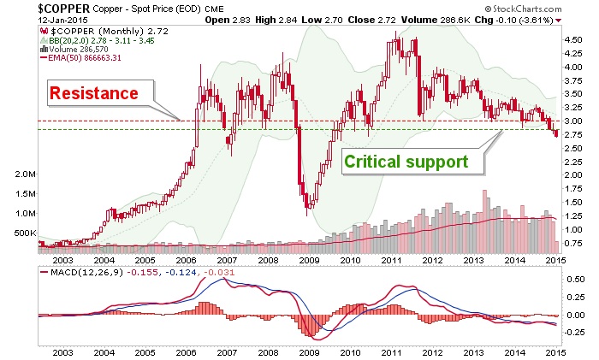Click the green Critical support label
point(406,161)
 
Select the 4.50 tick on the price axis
point(572,39)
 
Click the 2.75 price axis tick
point(572,134)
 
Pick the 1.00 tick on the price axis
point(572,228)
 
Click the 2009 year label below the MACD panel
point(310,351)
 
